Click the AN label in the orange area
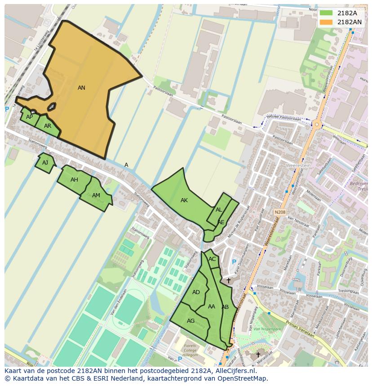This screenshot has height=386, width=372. [81, 88]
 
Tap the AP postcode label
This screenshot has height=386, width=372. [29, 117]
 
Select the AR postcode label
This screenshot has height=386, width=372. [48, 126]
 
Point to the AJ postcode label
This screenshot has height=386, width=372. [45, 163]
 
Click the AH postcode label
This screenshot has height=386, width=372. [74, 180]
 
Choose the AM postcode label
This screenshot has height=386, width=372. [96, 195]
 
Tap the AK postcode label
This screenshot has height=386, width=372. [184, 200]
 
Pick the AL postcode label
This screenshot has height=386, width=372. [219, 210]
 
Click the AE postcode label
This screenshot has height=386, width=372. [221, 222]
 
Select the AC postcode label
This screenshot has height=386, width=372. [212, 259]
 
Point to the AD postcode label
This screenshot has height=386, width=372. [196, 292]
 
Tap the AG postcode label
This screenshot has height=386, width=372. [191, 321]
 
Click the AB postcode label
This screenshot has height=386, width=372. [225, 307]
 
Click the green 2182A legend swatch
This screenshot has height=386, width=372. [327, 13]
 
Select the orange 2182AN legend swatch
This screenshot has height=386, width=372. [327, 22]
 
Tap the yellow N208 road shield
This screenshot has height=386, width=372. [280, 212]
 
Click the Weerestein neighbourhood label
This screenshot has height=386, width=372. [298, 165]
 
